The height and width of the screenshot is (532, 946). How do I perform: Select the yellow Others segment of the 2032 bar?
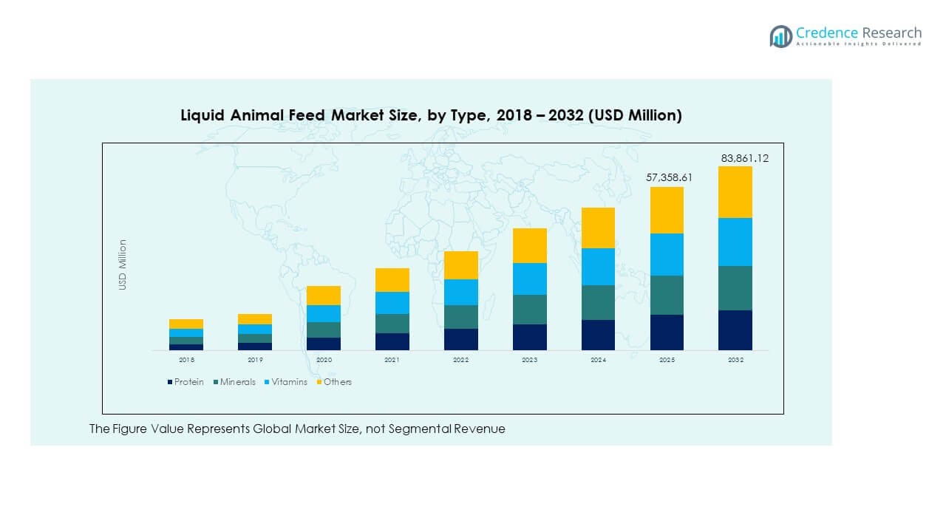pos(735,192)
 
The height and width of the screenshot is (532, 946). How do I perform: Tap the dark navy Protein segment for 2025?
pos(667,332)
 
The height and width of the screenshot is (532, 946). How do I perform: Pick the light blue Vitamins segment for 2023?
pos(529,279)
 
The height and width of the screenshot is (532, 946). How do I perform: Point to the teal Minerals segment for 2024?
pos(598,302)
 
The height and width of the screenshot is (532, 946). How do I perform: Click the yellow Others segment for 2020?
pos(324,296)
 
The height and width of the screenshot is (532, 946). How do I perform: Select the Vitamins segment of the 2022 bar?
pos(460,292)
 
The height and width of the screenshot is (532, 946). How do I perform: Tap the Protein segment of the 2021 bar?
pos(392,341)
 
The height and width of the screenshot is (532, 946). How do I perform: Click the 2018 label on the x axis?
pos(186,360)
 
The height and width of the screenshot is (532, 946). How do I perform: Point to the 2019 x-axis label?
pos(254,360)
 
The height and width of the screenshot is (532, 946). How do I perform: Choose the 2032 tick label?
pos(735,360)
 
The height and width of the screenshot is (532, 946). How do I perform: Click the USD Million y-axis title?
pos(123,265)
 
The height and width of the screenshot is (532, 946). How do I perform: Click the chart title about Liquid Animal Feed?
pos(431,115)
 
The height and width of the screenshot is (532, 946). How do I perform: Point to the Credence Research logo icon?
pos(780,36)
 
